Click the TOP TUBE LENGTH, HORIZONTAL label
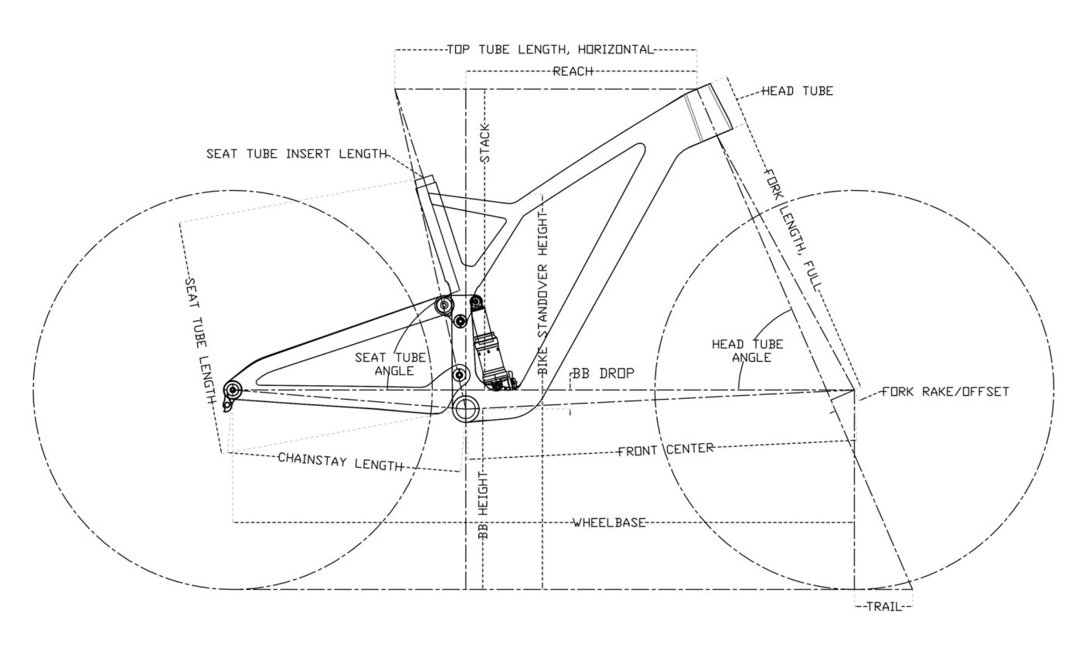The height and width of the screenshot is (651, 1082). pyautogui.click(x=550, y=50)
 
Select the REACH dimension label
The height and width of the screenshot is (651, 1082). pyautogui.click(x=573, y=72)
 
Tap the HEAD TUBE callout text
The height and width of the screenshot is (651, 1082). pyautogui.click(x=797, y=91)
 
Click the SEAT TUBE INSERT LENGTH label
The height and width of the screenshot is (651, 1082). pyautogui.click(x=296, y=154)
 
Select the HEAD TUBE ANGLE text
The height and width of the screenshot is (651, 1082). pyautogui.click(x=747, y=350)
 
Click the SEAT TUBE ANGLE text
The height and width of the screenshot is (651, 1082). pyautogui.click(x=390, y=364)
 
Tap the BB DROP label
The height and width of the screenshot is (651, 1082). pyautogui.click(x=604, y=373)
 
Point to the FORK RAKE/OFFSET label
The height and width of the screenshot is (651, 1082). pyautogui.click(x=945, y=392)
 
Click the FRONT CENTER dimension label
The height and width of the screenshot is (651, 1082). pyautogui.click(x=665, y=449)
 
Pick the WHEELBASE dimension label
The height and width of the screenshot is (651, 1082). pyautogui.click(x=609, y=523)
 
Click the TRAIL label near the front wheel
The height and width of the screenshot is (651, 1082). pyautogui.click(x=884, y=607)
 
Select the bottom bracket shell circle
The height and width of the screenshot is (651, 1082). pyautogui.click(x=467, y=407)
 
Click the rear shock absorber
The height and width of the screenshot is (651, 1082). pyautogui.click(x=488, y=347)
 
